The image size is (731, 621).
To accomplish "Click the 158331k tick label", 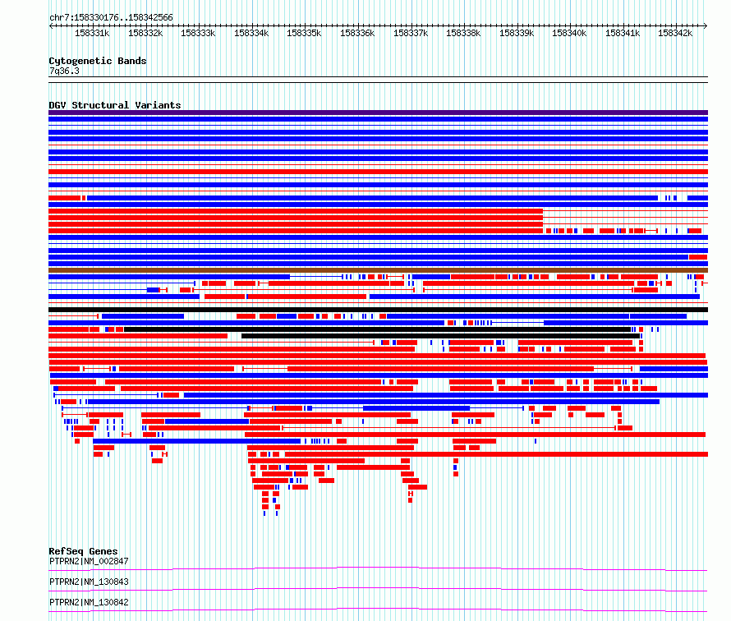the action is (92, 33).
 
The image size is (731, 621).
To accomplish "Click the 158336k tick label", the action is (357, 33).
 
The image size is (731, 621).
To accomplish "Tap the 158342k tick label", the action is (675, 33).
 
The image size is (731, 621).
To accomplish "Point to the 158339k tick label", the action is (517, 33).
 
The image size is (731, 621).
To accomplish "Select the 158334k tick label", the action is (251, 33).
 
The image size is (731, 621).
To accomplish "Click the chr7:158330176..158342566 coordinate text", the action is (111, 18).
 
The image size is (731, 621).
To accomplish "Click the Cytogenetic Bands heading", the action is (98, 61).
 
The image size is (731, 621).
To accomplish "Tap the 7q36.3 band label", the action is (64, 71).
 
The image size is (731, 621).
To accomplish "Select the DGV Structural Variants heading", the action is (115, 105).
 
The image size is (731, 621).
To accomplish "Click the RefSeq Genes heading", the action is (83, 551).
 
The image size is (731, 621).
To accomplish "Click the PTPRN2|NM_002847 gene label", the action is (89, 561).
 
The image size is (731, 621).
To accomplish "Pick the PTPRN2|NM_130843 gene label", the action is (89, 582).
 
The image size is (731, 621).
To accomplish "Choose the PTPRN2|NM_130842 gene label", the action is (89, 602).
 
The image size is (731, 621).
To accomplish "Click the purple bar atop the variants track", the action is (378, 113).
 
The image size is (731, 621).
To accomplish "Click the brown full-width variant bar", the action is (378, 270).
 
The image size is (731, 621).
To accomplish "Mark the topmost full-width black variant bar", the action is (378, 310).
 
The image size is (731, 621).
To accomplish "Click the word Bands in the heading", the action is (132, 61).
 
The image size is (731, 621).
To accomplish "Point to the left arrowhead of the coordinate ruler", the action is (50, 26).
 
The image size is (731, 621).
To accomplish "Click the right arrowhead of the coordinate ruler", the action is (706, 26).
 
